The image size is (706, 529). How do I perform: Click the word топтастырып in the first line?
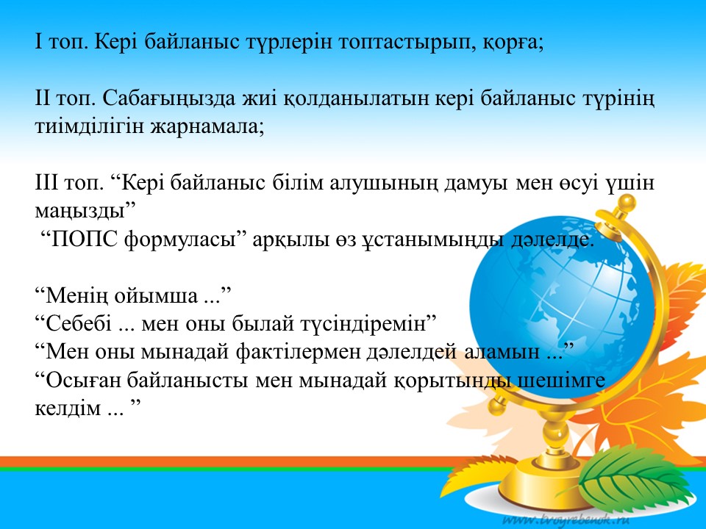pyautogui.click(x=403, y=43)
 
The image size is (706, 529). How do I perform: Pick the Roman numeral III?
pyautogui.click(x=46, y=183)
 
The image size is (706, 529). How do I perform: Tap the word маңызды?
pyautogui.click(x=79, y=212)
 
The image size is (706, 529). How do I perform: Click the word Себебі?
pyautogui.click(x=79, y=324)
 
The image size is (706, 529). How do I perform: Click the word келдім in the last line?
pyautogui.click(x=68, y=409)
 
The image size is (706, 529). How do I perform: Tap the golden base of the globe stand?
pyautogui.click(x=547, y=480)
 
